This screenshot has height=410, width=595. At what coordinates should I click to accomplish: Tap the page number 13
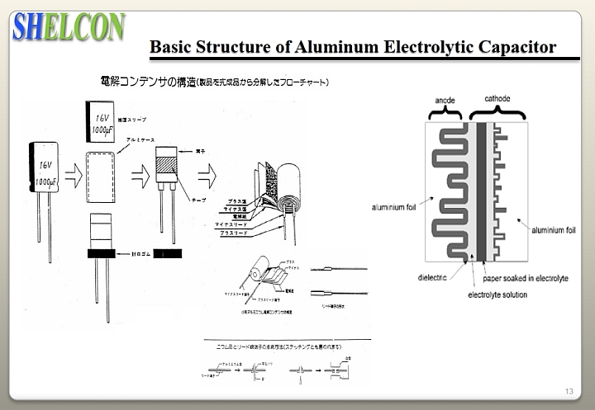coord(569,390)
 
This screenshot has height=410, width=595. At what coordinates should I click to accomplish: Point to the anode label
coord(445,99)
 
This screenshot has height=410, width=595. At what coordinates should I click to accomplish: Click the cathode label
coord(497,99)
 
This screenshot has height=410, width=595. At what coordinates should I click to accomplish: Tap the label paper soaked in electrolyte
coord(524,278)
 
